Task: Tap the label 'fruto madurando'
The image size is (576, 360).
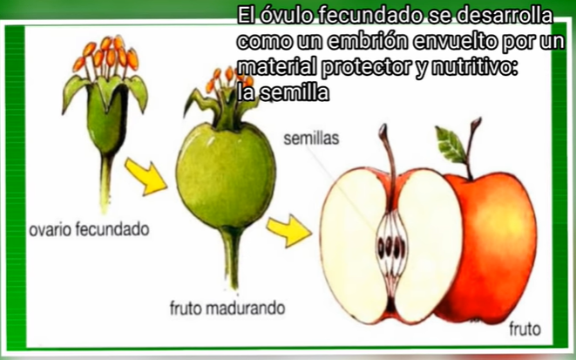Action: pos(227,309)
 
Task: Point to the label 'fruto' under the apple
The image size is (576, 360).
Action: pos(525,329)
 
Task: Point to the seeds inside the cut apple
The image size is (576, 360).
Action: pos(391,238)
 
